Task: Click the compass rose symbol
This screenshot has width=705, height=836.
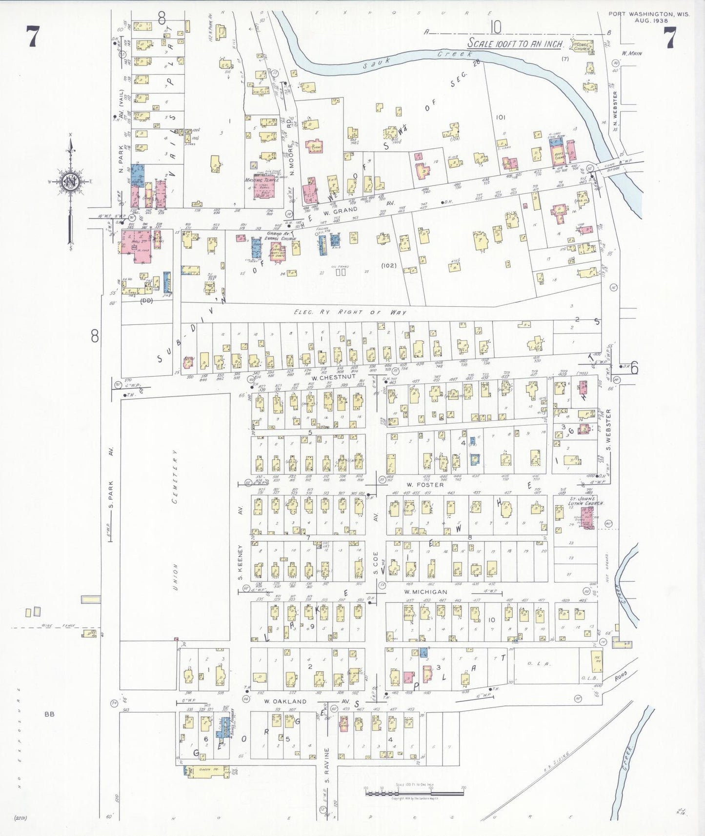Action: point(71,181)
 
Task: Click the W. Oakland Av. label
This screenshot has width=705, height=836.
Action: point(286,701)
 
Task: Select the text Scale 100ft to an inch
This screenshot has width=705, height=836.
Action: point(515,43)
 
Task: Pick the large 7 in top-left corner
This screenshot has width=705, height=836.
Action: point(32,38)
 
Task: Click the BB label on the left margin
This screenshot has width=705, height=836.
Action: point(49,714)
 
